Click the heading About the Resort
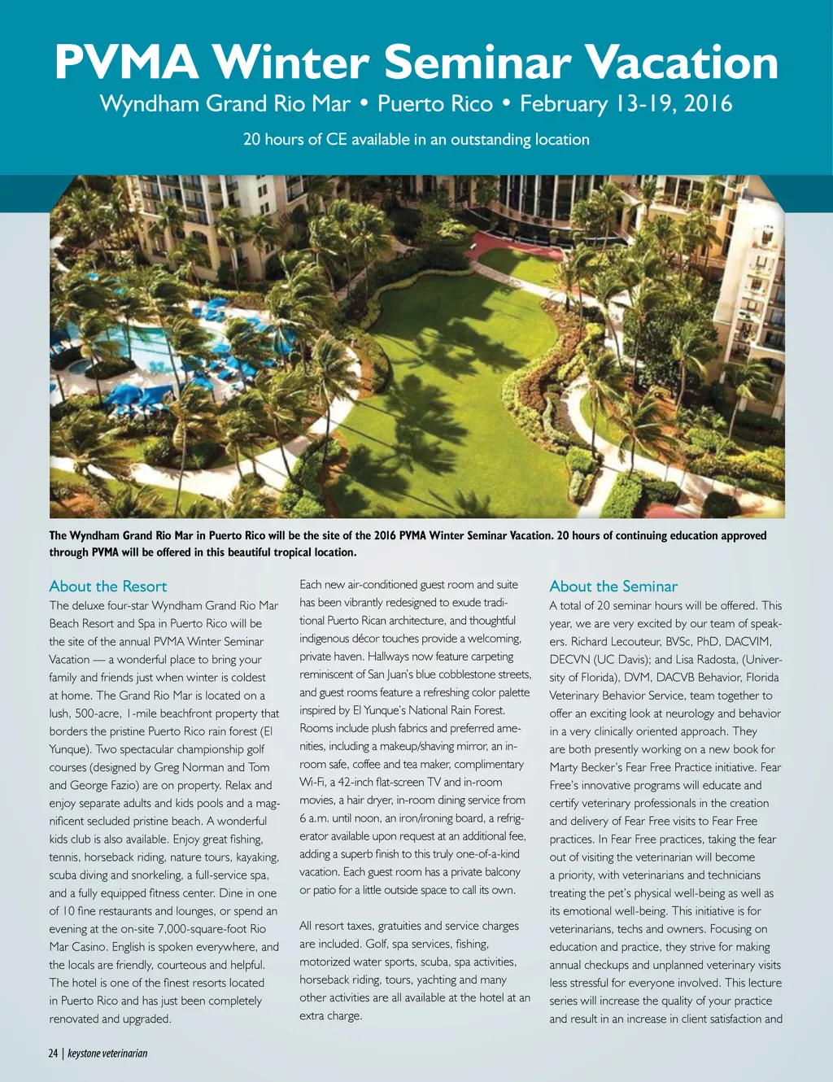(x=107, y=587)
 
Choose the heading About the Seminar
(x=613, y=587)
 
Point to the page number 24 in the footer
(x=53, y=1054)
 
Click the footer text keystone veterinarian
(x=107, y=1054)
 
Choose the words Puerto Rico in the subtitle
(x=435, y=104)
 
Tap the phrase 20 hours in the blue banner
(x=273, y=139)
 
